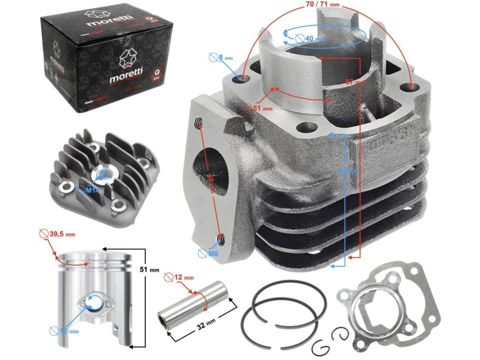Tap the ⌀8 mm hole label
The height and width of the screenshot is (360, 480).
tap(226, 57)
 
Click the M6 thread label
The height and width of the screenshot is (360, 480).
tap(213, 253)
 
